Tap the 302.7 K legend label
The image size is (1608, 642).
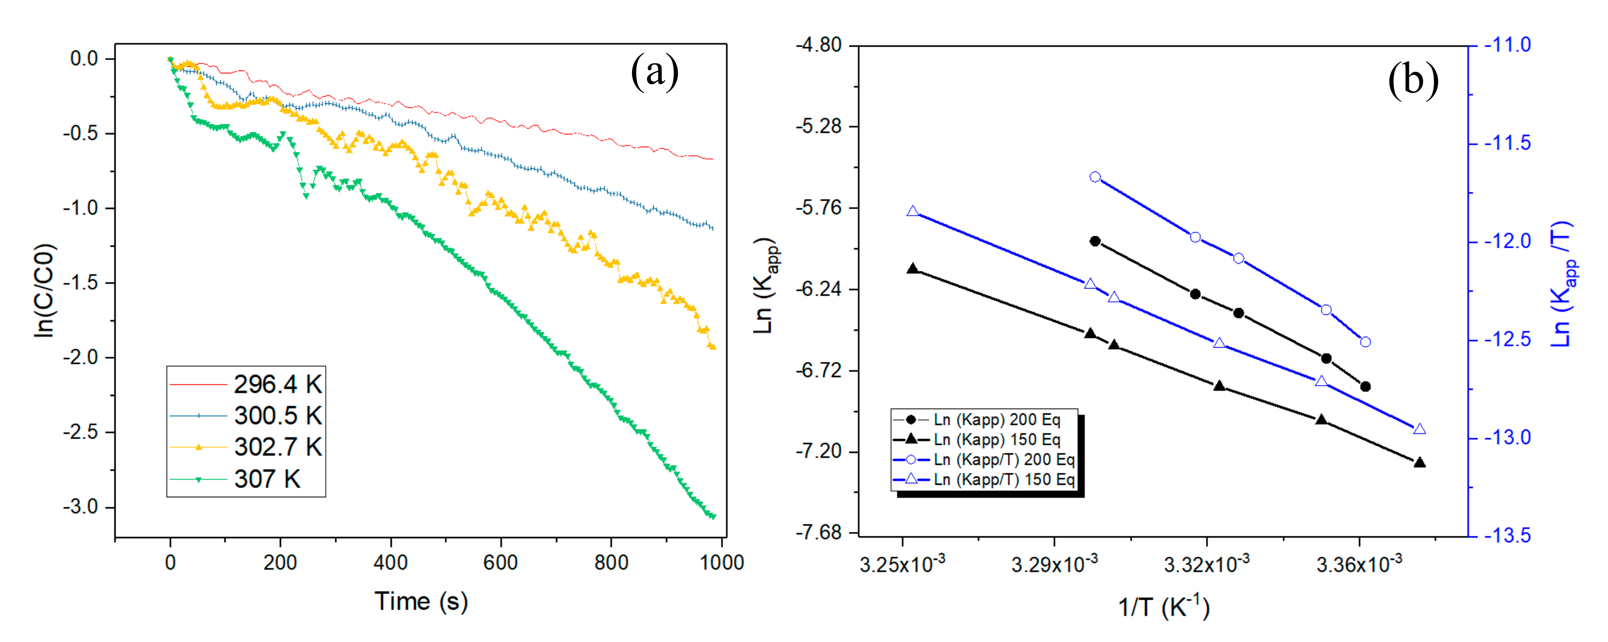[x=277, y=447]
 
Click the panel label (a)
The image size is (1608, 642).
[x=654, y=72]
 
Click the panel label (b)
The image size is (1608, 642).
[x=1413, y=80]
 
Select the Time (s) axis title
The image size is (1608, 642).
[x=421, y=602]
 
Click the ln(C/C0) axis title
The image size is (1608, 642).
[x=45, y=291]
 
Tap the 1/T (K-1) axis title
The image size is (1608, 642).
[x=1163, y=606]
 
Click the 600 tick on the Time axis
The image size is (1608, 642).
[x=501, y=563]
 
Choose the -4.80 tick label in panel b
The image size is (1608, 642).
[x=818, y=45]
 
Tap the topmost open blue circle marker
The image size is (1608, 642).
[x=1095, y=177]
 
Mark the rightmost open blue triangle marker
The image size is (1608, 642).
[x=1419, y=429]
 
